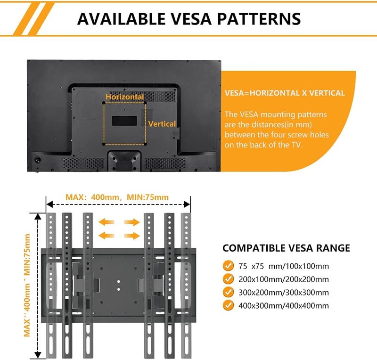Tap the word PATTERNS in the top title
pyautogui.click(x=259, y=19)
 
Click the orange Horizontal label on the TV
pyautogui.click(x=125, y=97)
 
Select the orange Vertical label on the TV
pyautogui.click(x=162, y=124)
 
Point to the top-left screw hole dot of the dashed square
pyautogui.click(x=104, y=103)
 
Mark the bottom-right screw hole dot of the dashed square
pyautogui.click(x=145, y=144)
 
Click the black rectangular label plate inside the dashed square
pyautogui.click(x=124, y=121)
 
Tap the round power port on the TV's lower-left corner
pyautogui.click(x=38, y=160)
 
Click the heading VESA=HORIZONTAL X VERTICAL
pyautogui.click(x=285, y=93)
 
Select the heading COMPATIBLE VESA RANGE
pyautogui.click(x=286, y=248)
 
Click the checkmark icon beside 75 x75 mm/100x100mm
pyautogui.click(x=228, y=266)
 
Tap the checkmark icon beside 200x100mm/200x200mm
pyautogui.click(x=228, y=279)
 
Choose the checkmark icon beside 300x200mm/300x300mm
pyautogui.click(x=228, y=292)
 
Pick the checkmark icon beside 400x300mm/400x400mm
pyautogui.click(x=228, y=305)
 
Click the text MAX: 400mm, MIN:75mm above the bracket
pyautogui.click(x=117, y=197)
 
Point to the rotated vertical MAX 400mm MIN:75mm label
pyautogui.click(x=27, y=285)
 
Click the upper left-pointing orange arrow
pyautogui.click(x=107, y=222)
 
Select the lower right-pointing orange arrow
pyautogui.click(x=132, y=236)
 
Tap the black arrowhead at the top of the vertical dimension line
pyautogui.click(x=38, y=216)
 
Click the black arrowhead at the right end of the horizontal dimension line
pyautogui.click(x=187, y=205)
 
